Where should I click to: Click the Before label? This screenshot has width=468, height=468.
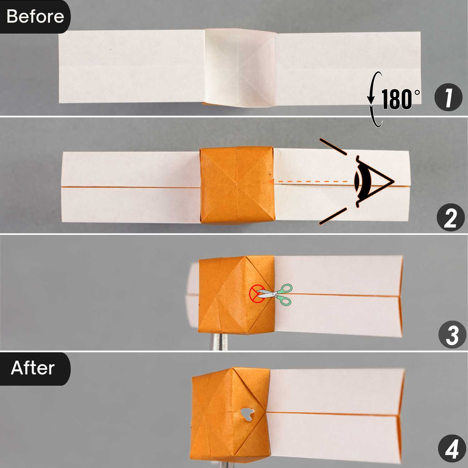pos(35,16)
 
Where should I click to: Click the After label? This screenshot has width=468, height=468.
pos(33,368)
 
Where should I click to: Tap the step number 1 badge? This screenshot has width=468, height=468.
pos(448,98)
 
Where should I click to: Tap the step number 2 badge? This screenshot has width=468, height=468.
pos(451,217)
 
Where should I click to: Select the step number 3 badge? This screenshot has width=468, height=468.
pos(452,334)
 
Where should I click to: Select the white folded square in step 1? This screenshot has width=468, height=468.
pos(240,68)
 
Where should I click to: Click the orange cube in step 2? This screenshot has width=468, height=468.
pos(237,186)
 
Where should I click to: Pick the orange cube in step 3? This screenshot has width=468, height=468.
pos(236,295)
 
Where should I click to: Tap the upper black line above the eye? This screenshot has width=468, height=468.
pos(333,147)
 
